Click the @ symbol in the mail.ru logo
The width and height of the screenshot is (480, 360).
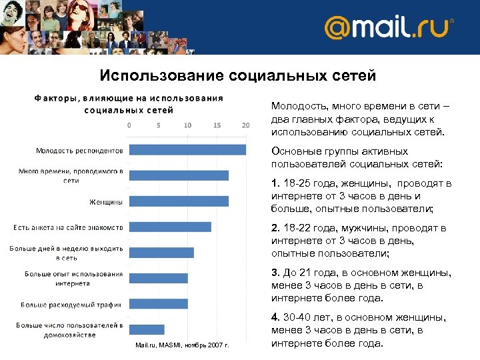pos(339,29)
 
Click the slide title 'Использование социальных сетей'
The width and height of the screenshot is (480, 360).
pos(237,75)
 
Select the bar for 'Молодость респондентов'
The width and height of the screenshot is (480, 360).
pos(187,150)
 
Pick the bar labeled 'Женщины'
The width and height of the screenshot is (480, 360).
pos(179,201)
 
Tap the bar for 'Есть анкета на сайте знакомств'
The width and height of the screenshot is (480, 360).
pos(170,227)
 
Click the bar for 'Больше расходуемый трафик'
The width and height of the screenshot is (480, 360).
pos(158,304)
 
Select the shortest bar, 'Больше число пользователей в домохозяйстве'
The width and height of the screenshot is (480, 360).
pos(147,329)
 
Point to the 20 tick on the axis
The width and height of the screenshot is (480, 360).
pos(246,125)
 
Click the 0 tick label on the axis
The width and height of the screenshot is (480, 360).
pos(129,125)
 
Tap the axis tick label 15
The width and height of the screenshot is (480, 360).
pos(217,125)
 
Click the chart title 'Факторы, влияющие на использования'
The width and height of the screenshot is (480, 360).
pos(129,98)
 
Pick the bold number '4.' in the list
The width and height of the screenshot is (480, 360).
pos(276,318)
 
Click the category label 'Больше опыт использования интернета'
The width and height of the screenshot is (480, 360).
pos(73,278)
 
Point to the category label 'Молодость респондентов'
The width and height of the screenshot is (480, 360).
pos(79,150)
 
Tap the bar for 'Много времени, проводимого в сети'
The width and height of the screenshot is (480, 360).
pos(179,175)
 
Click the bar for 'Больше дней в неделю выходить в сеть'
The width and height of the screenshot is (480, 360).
pos(161,253)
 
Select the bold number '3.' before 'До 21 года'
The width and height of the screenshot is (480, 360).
pos(276,273)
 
